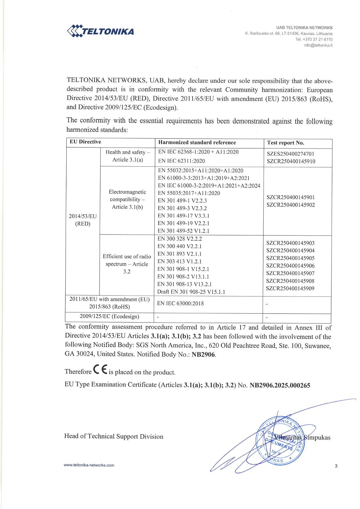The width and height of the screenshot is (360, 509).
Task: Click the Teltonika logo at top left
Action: click(100, 31)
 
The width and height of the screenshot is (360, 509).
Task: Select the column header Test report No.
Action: click(285, 143)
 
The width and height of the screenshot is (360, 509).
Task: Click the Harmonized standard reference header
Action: click(197, 143)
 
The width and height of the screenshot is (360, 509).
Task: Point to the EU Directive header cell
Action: click(85, 142)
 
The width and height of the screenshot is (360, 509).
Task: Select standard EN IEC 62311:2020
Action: click(181, 161)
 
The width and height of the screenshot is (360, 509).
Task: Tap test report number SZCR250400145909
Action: click(290, 289)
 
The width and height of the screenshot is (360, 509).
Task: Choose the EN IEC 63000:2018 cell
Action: click(180, 303)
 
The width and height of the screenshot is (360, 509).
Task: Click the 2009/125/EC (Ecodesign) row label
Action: click(109, 316)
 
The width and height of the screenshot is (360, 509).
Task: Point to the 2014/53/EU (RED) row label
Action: click(83, 220)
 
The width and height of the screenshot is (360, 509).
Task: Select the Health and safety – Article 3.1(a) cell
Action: click(128, 156)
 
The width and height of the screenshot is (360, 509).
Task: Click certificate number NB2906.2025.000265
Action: click(280, 385)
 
